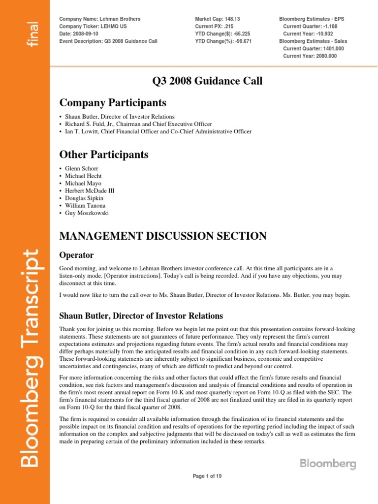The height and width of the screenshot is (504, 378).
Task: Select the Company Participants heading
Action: pyautogui.click(x=113, y=103)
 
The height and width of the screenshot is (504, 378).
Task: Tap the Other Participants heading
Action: pyautogui.click(x=103, y=155)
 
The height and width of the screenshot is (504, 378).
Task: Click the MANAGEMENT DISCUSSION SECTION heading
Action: pyautogui.click(x=163, y=236)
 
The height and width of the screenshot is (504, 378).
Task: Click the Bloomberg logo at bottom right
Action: pyautogui.click(x=327, y=464)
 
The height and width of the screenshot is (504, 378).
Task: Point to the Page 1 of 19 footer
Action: pyautogui.click(x=209, y=476)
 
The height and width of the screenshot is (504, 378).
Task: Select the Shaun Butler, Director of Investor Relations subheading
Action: pyautogui.click(x=141, y=315)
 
